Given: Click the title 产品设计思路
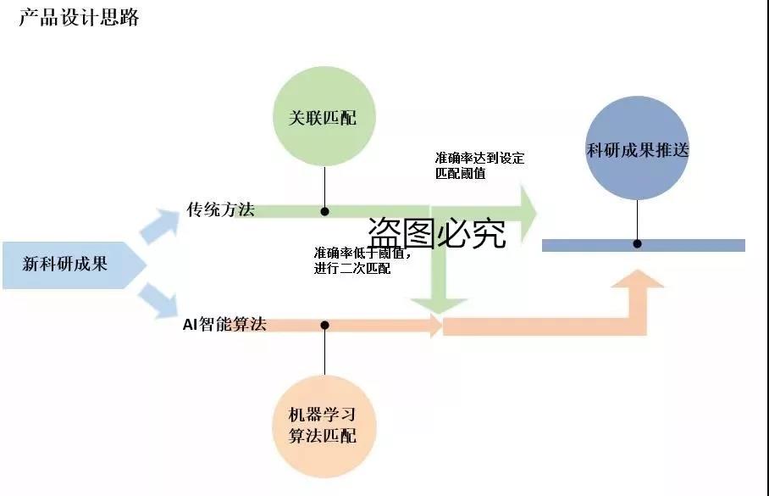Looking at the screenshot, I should coord(79,18).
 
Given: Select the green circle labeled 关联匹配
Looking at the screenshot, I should coord(324,117).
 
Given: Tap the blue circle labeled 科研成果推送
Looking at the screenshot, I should coord(638,150).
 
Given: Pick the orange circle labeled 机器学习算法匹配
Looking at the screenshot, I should coord(324,425).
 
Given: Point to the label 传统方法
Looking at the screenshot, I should coord(220,209).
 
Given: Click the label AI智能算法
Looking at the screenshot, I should coord(224,324).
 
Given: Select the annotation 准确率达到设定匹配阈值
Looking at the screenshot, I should coord(479,165).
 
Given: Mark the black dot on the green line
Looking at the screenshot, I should coord(324,211).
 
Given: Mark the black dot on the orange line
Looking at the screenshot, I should coord(324,325).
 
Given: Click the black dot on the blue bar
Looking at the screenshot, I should coord(638,244).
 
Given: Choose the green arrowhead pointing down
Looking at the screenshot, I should coord(437,304).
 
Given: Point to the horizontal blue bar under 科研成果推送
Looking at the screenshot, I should coord(694,245).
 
